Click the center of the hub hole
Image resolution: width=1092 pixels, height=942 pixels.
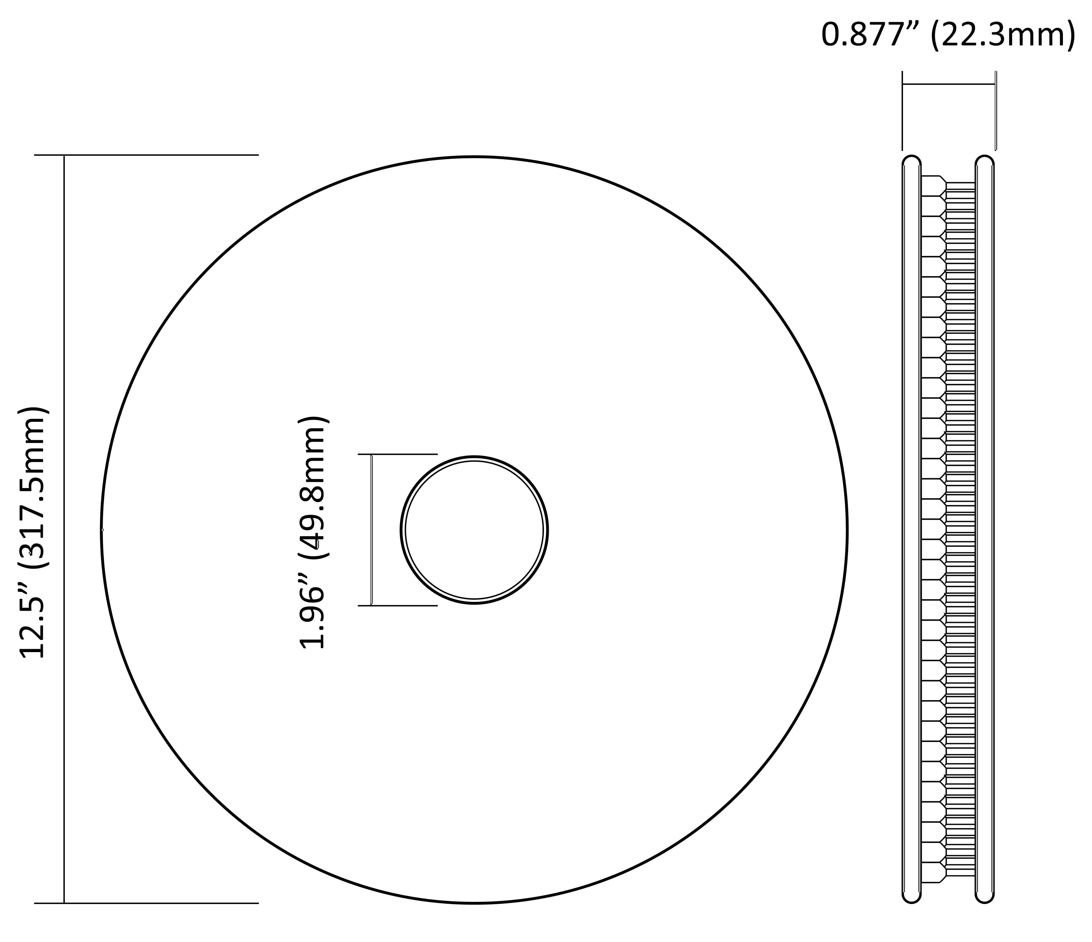(x=474, y=530)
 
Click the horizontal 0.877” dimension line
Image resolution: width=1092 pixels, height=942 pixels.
(x=949, y=84)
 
